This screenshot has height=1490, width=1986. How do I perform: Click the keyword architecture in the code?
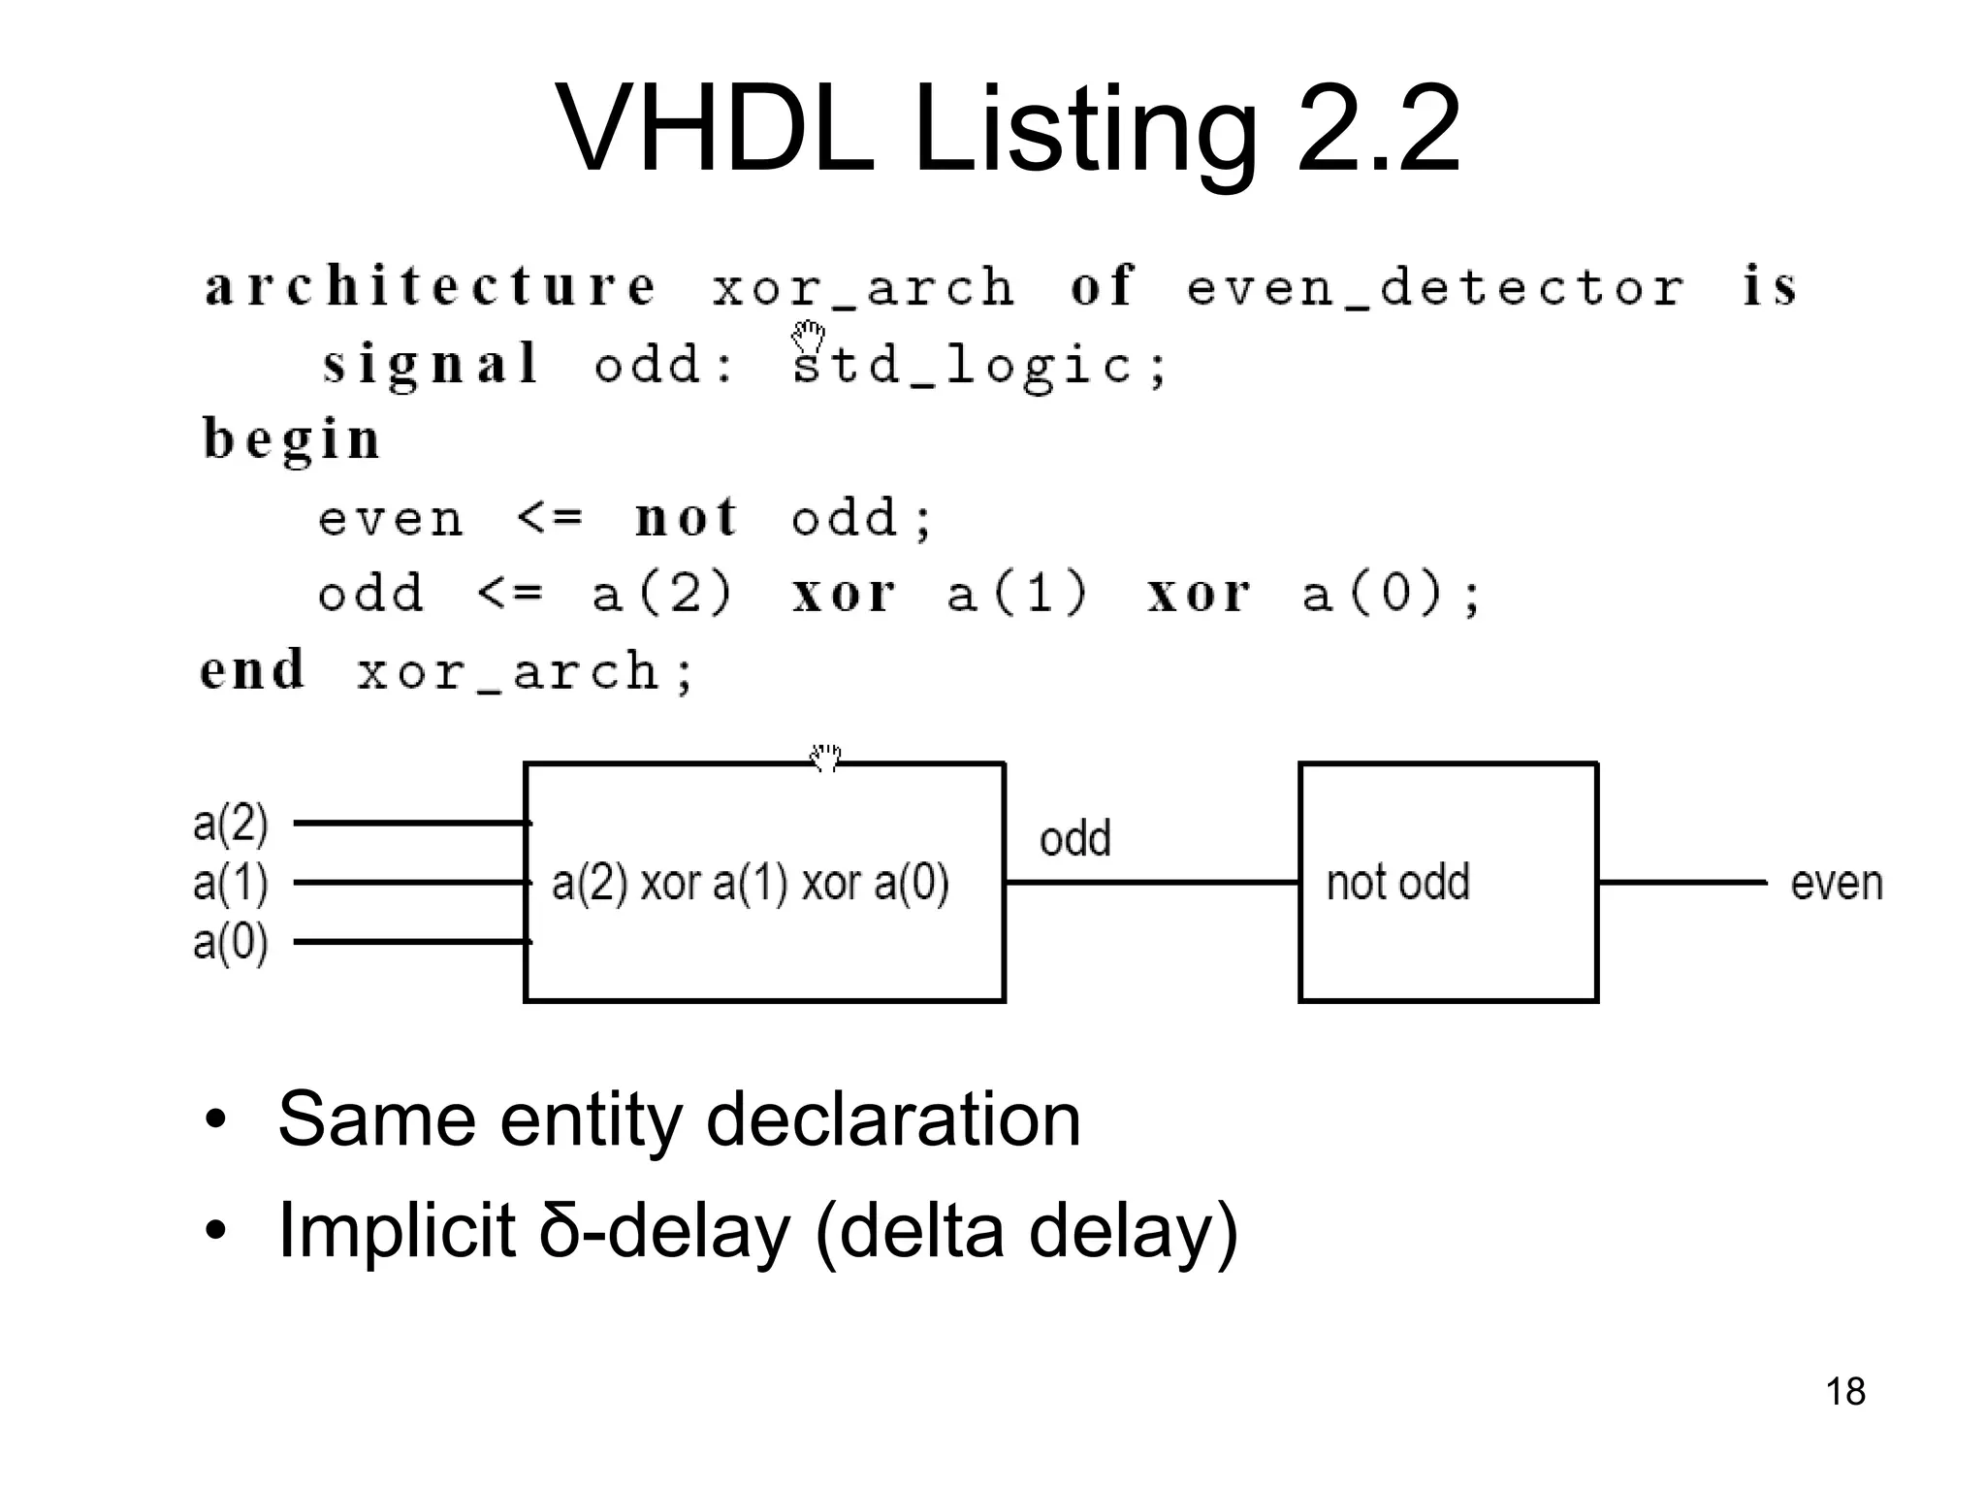point(431,286)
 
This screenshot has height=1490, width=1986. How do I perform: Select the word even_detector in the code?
point(1435,288)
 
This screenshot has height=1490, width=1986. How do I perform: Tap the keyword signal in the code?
point(431,365)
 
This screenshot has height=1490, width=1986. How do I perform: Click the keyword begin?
point(291,439)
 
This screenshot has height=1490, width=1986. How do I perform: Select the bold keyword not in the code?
point(687,516)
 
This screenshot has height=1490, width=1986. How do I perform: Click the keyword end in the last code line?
point(252,669)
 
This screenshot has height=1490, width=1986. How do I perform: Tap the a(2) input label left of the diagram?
point(230,823)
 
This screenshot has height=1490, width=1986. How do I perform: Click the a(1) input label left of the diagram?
point(230,883)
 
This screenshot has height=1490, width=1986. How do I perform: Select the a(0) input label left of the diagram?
point(230,942)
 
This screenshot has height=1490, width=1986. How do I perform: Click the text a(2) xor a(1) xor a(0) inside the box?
point(750,883)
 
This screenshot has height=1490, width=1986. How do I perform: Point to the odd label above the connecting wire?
point(1074,838)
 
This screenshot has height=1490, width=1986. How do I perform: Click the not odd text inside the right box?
point(1397,883)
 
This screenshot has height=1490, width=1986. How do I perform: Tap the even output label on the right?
point(1836,884)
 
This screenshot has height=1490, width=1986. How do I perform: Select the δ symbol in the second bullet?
point(559,1230)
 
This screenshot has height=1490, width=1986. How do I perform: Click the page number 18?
point(1844,1392)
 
